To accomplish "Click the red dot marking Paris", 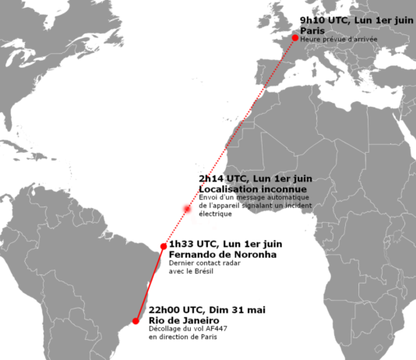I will [295, 37].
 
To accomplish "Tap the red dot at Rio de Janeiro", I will [136, 320].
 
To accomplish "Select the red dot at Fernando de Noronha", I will [163, 246].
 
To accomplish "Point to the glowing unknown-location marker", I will [186, 209].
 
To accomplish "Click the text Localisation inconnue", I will [241, 189].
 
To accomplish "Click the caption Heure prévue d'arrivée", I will [339, 38].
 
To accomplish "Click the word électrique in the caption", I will [216, 213].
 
